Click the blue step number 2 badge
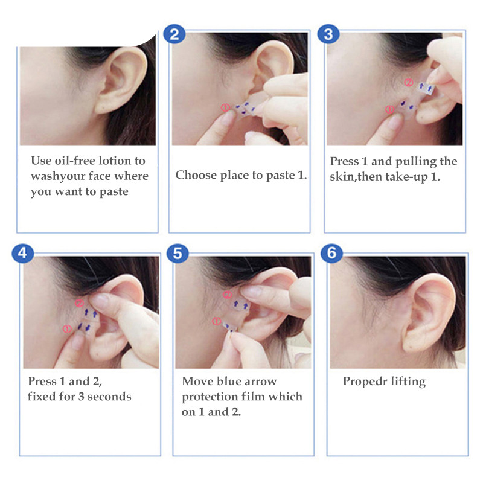click(x=174, y=34)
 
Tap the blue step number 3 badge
click(x=328, y=34)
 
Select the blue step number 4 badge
click(x=22, y=253)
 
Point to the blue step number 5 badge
click(x=178, y=253)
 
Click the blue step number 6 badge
click(x=331, y=253)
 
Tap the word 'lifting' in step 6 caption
click(x=409, y=382)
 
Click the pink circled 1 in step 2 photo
click(x=225, y=107)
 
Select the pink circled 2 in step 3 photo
click(x=408, y=83)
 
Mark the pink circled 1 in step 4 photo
click(x=67, y=329)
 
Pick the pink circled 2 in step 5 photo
click(x=228, y=295)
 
